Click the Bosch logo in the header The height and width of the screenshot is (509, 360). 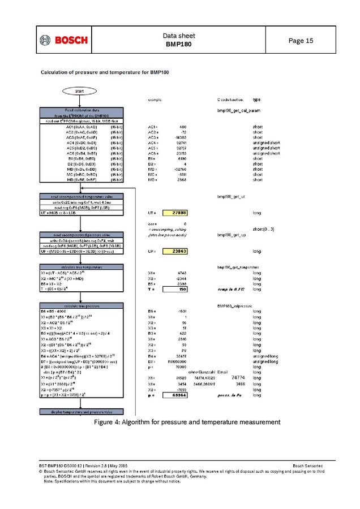point(64,40)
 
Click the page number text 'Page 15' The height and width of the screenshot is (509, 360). point(301,41)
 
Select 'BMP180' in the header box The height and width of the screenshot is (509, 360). point(179,44)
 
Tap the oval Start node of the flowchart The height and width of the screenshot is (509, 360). point(81,90)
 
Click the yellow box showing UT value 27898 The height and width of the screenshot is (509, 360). point(175,213)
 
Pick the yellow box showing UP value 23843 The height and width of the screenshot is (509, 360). point(175,251)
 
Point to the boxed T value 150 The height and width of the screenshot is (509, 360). point(175,289)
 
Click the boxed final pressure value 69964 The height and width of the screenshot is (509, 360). point(175,396)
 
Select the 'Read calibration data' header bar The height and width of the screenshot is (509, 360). point(81,110)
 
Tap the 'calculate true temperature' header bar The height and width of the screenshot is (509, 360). point(81,266)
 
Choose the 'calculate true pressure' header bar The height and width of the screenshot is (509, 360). point(81,306)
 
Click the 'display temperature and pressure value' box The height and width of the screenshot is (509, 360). point(81,412)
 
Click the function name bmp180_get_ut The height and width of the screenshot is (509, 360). point(231,197)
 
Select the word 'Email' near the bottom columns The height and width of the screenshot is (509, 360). point(222,372)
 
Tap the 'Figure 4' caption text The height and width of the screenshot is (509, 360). point(187,422)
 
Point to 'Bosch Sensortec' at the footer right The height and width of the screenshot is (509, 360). point(307,465)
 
